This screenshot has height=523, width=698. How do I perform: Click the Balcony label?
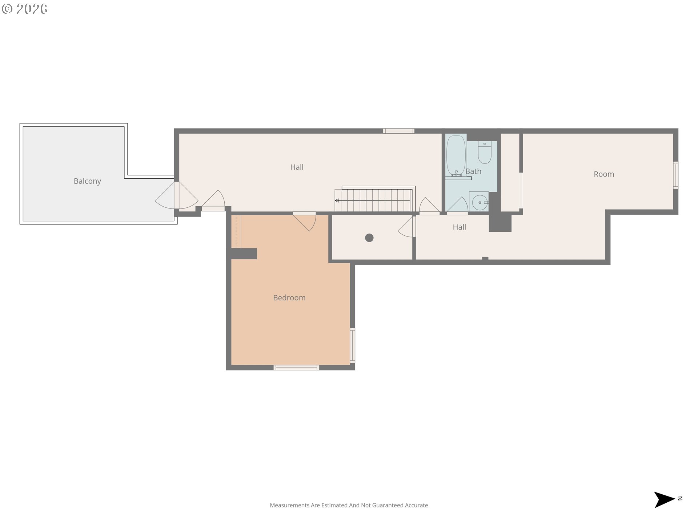(x=87, y=181)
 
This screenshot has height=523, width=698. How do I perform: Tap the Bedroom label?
(x=289, y=298)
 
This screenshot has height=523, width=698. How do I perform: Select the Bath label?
(x=473, y=171)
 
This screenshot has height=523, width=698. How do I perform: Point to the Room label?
(x=604, y=174)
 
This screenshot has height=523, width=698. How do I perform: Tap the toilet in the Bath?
(x=485, y=152)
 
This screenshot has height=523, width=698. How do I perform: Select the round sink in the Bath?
(x=480, y=202)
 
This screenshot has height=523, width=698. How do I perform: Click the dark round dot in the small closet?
(x=369, y=238)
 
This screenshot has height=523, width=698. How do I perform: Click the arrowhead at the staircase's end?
(x=337, y=200)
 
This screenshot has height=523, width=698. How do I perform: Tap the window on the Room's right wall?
(x=675, y=175)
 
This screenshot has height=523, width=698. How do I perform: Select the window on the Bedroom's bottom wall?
(x=296, y=368)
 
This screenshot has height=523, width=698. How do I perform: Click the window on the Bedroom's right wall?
(x=352, y=345)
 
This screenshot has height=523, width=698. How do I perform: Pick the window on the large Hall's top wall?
(x=398, y=131)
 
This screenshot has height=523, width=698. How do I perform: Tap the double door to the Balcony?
(x=177, y=195)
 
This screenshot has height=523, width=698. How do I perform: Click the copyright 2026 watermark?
(x=24, y=9)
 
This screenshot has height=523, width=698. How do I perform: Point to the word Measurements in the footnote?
(x=289, y=505)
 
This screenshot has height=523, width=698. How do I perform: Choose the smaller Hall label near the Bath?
(x=460, y=227)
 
